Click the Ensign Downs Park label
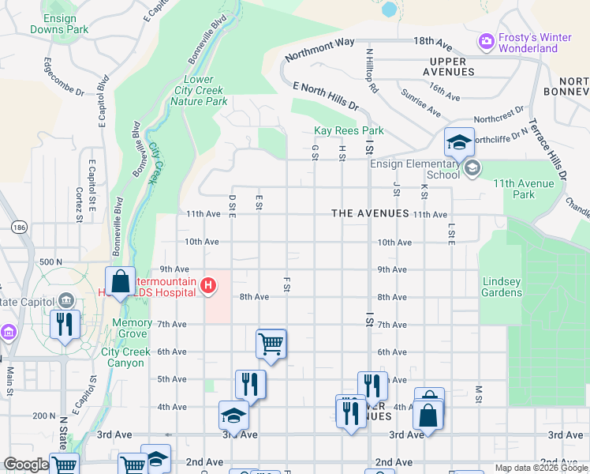tap(59, 23)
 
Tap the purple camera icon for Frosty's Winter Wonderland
tap(487, 39)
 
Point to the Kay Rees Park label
tap(349, 130)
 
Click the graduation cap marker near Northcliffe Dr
tap(459, 143)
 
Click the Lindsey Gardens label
tap(502, 287)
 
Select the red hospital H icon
tap(208, 285)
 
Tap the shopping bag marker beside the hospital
tap(120, 281)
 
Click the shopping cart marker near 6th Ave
tap(271, 344)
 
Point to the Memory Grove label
tap(132, 322)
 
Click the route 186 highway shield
tap(17, 227)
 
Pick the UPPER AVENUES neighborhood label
tap(453, 66)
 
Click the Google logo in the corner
tap(25, 465)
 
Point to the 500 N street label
tap(50, 261)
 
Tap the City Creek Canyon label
tap(123, 357)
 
